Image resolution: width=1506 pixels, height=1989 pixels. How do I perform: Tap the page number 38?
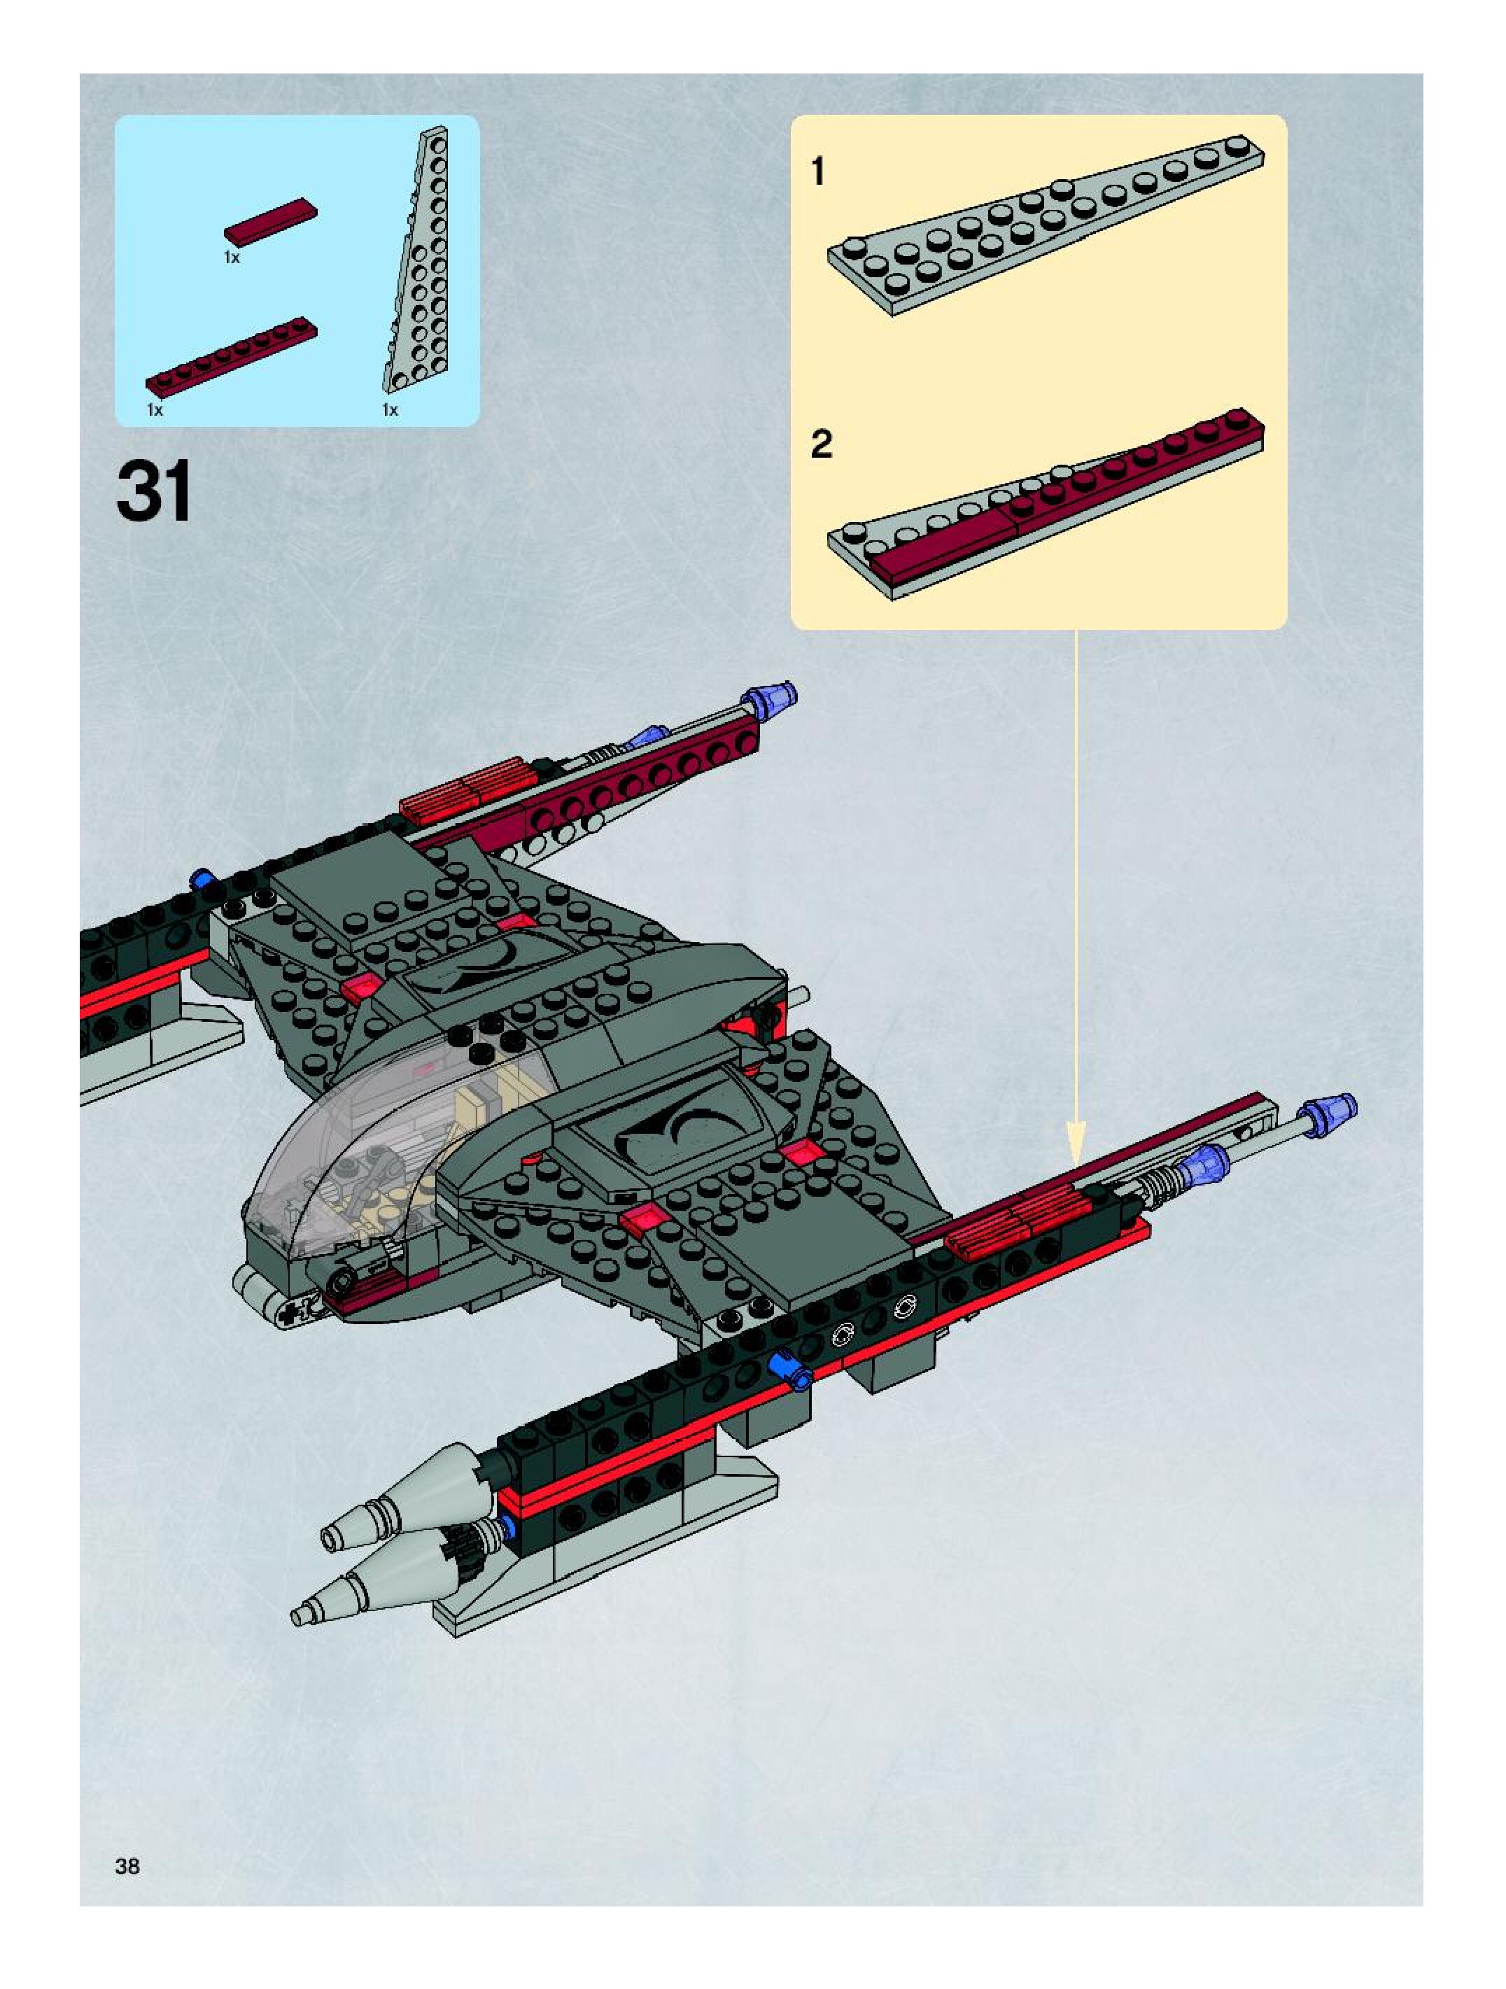click(127, 1866)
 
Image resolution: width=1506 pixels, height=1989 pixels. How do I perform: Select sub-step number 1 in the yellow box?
click(817, 171)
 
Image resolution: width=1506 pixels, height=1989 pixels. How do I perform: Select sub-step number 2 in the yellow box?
click(821, 444)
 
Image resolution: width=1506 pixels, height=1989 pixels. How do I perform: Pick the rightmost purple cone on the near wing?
click(1332, 1113)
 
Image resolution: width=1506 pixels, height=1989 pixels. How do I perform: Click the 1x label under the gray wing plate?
click(389, 410)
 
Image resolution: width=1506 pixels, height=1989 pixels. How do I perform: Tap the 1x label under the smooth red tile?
click(232, 258)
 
